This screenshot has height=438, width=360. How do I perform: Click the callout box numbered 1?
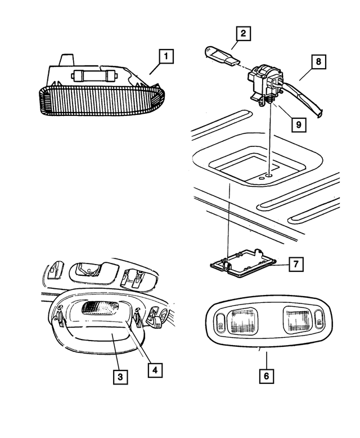166,56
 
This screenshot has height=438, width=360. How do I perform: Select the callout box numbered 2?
242,34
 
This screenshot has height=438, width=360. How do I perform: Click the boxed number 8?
318,61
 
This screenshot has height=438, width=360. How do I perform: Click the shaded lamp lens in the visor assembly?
96,309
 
